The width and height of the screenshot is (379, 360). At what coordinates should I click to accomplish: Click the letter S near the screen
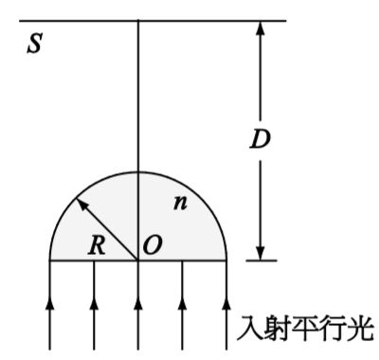click(34, 45)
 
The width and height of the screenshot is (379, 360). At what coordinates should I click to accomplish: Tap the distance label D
click(260, 138)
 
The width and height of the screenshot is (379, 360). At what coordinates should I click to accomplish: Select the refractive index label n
click(179, 203)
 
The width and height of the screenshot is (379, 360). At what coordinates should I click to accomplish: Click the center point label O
click(153, 246)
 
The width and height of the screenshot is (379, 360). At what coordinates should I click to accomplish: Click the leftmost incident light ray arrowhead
click(49, 302)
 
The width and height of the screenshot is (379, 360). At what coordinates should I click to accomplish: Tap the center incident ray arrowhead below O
click(138, 302)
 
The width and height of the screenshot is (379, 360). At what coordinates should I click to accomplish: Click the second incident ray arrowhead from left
click(94, 302)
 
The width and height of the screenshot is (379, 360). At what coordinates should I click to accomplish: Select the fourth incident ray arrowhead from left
click(183, 302)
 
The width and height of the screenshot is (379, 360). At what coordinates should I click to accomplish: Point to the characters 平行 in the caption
click(306, 329)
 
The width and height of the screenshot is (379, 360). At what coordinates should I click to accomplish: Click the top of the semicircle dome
click(138, 171)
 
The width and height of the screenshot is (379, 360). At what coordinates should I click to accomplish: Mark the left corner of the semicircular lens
click(49, 259)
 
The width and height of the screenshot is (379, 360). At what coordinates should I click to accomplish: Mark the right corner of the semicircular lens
click(227, 259)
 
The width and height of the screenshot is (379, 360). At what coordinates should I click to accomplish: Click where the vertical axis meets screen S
click(138, 21)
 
